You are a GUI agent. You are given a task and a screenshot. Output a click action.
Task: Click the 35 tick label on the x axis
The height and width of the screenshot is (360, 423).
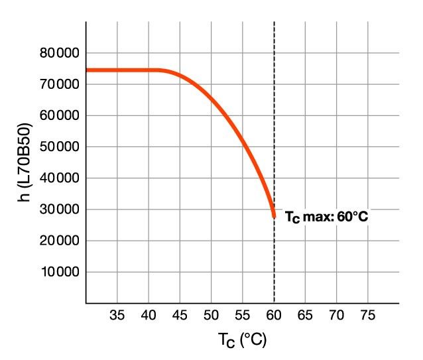pyautogui.click(x=117, y=315)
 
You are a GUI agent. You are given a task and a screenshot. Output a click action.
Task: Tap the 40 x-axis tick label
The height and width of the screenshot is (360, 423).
pyautogui.click(x=149, y=315)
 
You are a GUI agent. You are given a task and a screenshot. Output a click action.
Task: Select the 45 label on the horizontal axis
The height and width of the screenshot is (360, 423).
pyautogui.click(x=180, y=315)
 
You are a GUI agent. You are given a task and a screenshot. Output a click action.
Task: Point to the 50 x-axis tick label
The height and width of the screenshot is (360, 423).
pyautogui.click(x=211, y=315)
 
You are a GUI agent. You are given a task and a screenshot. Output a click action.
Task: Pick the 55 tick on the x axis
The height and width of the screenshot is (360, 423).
pyautogui.click(x=243, y=315)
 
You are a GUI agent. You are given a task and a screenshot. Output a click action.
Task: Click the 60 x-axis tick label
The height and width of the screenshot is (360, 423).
pyautogui.click(x=274, y=315)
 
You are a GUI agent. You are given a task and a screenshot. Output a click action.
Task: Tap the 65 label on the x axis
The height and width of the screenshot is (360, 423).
pyautogui.click(x=305, y=315)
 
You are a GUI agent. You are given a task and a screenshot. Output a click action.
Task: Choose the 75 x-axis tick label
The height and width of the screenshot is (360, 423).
pyautogui.click(x=368, y=315)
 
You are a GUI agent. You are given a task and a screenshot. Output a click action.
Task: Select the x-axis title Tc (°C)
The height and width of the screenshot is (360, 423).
pyautogui.click(x=242, y=341)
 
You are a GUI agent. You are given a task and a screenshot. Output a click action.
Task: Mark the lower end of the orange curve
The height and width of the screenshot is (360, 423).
pyautogui.click(x=274, y=215)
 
